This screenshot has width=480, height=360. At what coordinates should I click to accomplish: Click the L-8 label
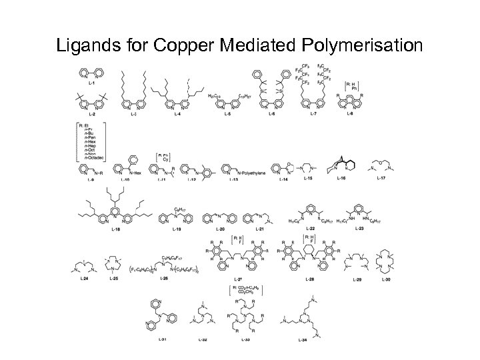[350, 115]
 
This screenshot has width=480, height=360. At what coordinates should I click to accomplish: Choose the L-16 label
[341, 179]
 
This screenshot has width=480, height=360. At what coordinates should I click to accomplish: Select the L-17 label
[381, 179]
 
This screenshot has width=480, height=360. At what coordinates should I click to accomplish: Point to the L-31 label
[163, 339]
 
